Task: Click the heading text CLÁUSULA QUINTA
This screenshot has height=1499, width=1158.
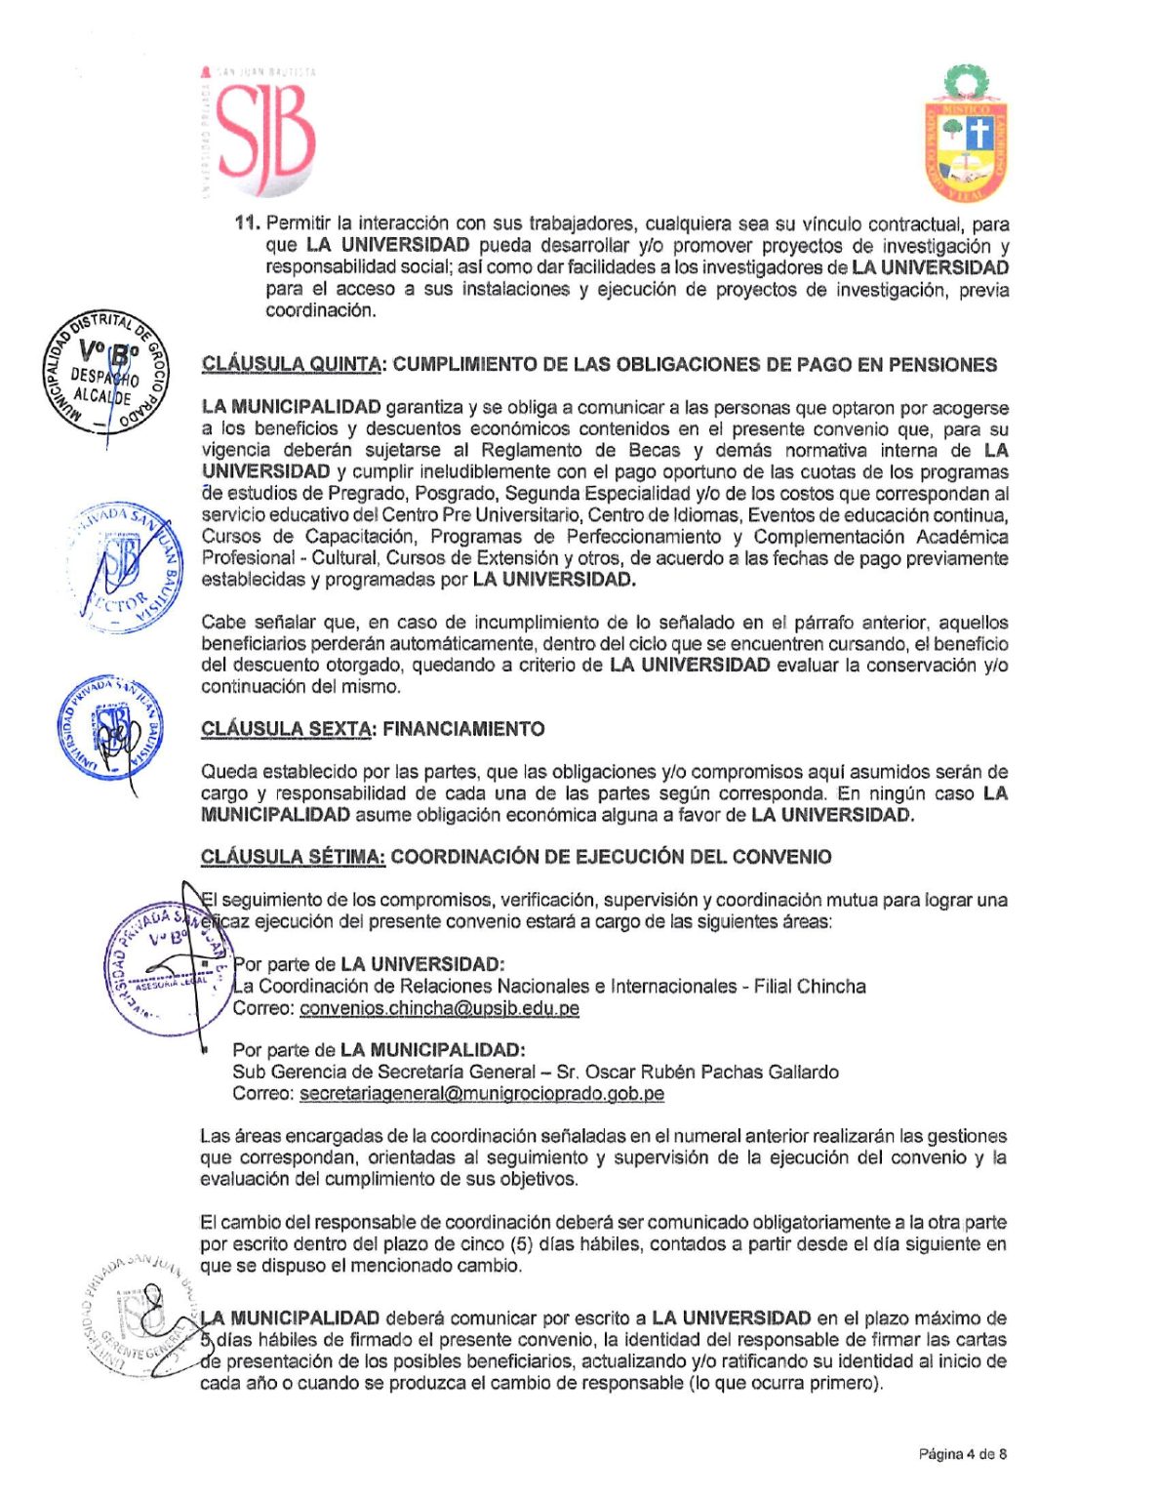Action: (x=291, y=365)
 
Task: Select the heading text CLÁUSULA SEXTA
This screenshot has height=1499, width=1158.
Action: (x=286, y=729)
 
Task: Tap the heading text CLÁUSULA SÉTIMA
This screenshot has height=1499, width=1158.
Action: (x=293, y=857)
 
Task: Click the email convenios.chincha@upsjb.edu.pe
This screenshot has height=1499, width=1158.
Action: (x=439, y=1008)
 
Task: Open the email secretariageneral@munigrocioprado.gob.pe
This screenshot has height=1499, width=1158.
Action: (x=481, y=1094)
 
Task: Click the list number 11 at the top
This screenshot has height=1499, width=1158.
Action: (x=247, y=223)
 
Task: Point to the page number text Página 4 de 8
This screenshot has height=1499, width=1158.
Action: (x=962, y=1454)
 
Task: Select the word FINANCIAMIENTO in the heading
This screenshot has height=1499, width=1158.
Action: (x=463, y=729)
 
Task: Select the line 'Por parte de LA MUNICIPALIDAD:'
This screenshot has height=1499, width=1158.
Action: (x=379, y=1050)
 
